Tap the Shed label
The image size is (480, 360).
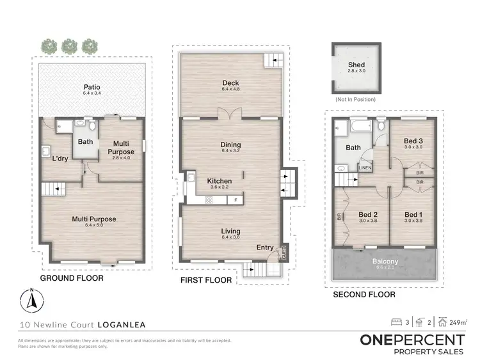(356, 65)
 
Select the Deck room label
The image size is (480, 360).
(230, 82)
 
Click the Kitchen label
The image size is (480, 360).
(219, 181)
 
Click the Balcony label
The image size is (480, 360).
(382, 262)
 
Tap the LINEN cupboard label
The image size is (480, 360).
(364, 168)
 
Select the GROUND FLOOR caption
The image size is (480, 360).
(72, 279)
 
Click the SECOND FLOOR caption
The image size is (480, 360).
(364, 295)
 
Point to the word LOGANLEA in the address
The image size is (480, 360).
(118, 324)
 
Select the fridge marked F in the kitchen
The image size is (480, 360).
(236, 200)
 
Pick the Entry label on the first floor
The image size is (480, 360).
(265, 247)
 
